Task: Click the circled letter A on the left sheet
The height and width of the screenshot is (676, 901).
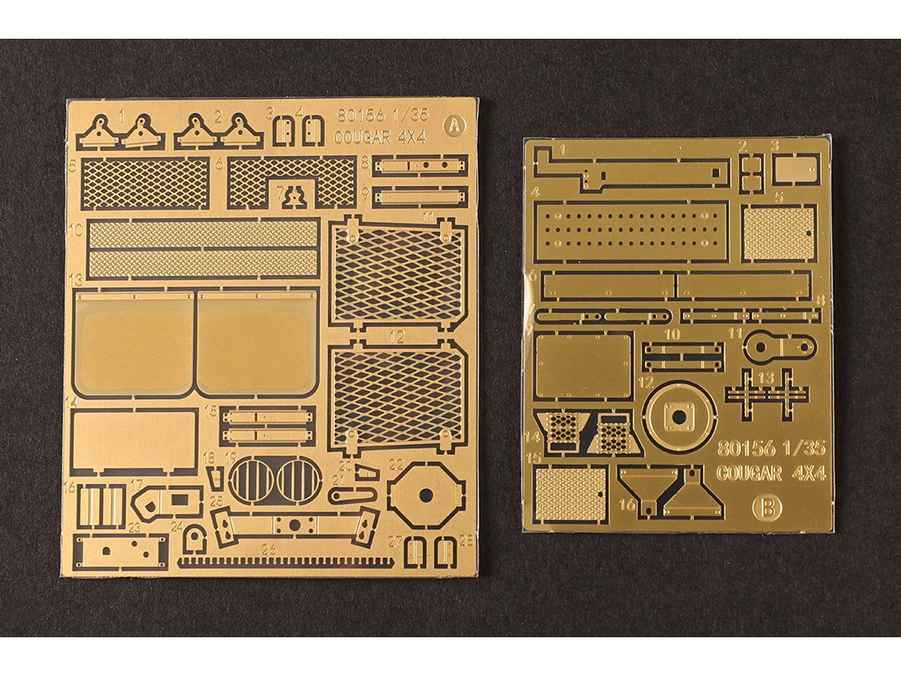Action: tap(453, 125)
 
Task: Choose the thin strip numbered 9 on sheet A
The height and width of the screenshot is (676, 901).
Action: tap(419, 195)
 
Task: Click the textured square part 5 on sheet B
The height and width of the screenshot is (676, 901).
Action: tap(779, 232)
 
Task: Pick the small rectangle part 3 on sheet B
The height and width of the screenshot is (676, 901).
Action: tap(795, 168)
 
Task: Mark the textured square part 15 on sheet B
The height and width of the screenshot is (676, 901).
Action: tap(571, 493)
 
